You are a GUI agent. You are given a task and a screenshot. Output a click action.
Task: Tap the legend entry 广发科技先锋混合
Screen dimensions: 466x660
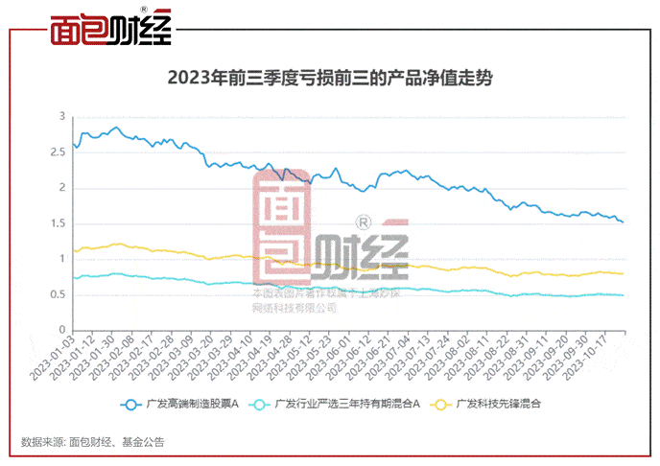(498, 405)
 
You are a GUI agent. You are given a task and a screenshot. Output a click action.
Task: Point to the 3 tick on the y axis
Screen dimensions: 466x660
(62, 116)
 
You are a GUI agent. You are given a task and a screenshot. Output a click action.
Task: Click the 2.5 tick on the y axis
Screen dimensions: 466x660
(59, 151)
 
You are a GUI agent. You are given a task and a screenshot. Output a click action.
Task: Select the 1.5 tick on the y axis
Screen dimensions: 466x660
(59, 223)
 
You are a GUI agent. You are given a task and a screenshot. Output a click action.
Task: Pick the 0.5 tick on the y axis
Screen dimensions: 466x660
(59, 294)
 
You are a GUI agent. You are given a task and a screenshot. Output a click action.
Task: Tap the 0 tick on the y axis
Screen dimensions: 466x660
(62, 331)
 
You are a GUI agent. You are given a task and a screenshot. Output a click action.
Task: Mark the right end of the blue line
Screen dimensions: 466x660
(624, 222)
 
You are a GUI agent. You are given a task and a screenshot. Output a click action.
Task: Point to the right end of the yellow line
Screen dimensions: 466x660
(624, 274)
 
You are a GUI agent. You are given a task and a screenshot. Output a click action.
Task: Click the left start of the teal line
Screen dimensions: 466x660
(73, 278)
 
